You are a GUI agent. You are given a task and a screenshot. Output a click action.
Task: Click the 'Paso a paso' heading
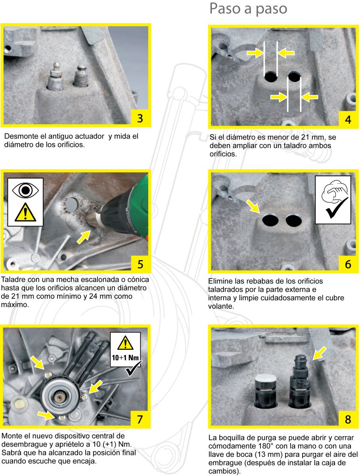coord(248,9)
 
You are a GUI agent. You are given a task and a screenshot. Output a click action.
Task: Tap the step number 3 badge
coord(140,118)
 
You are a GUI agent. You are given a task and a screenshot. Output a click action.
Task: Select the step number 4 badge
coord(348,119)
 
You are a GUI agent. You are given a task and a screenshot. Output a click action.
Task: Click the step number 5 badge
coord(140,263)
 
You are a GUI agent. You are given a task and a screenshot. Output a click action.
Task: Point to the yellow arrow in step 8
coord(320,353)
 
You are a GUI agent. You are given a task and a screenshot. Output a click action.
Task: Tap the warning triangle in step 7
coord(126,342)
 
